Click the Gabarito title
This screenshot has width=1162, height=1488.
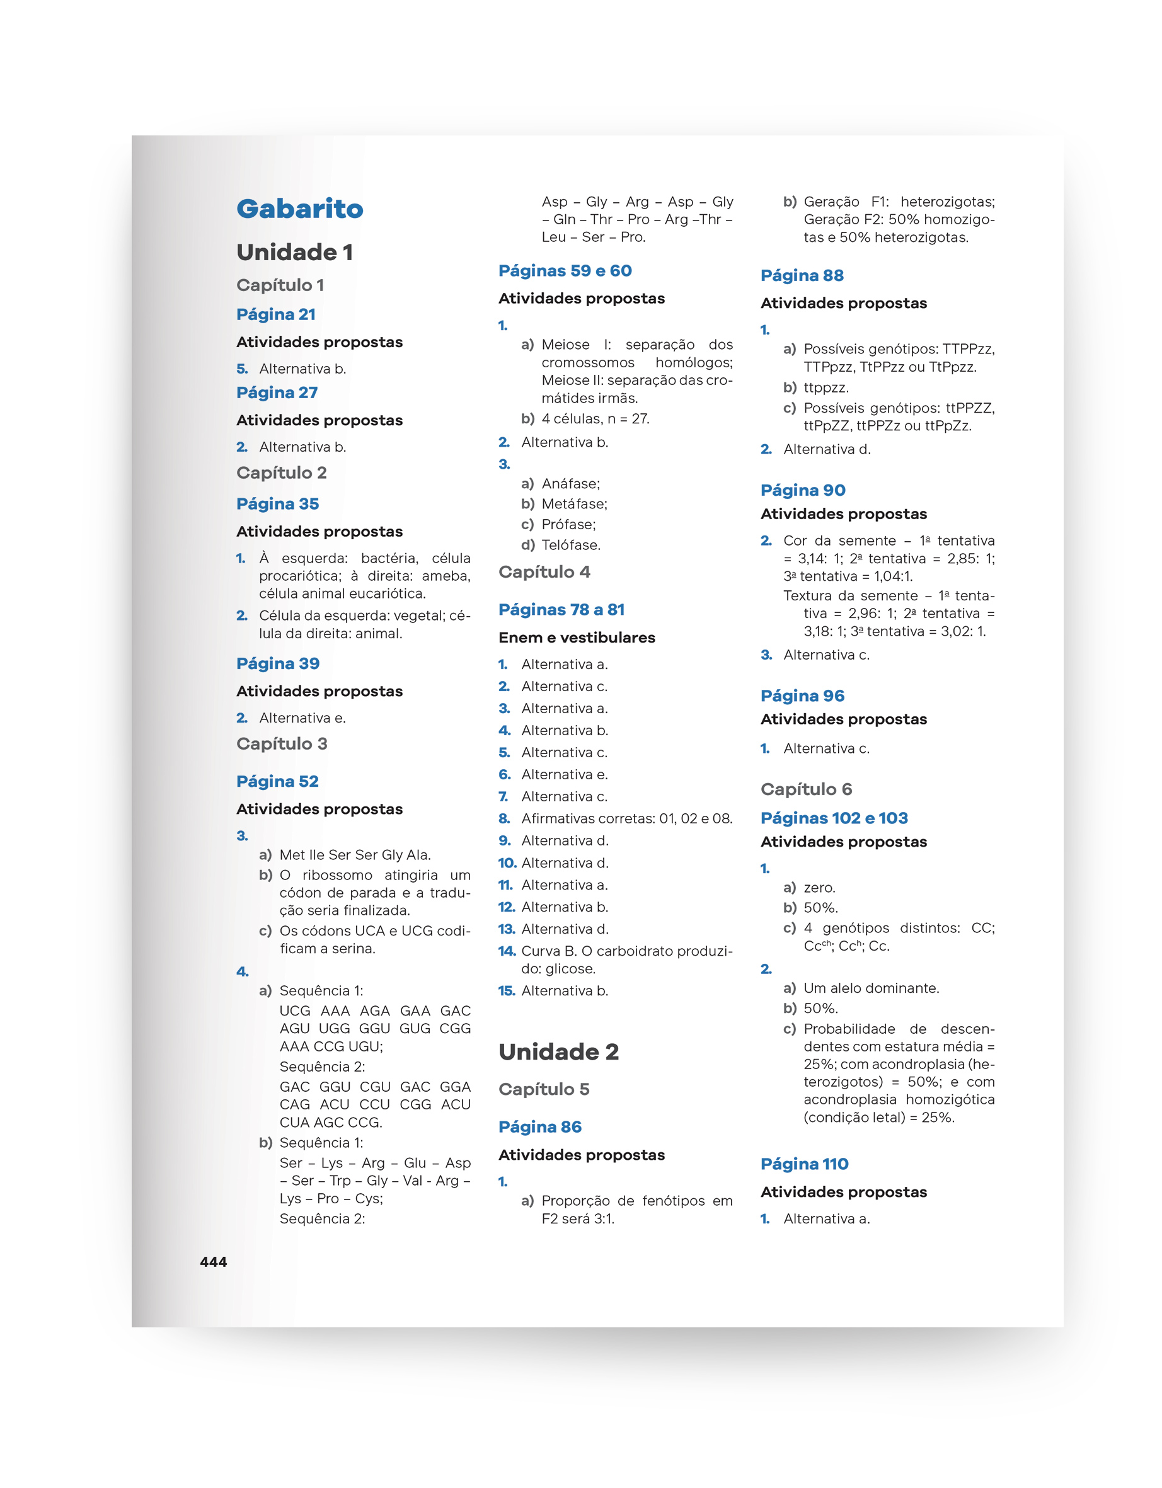(x=299, y=209)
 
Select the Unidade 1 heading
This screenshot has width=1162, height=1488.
(x=294, y=253)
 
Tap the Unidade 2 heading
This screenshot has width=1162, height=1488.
(x=558, y=1052)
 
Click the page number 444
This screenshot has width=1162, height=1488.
(x=214, y=1262)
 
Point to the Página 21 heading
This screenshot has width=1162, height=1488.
(x=275, y=315)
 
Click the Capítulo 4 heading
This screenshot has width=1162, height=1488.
(x=544, y=572)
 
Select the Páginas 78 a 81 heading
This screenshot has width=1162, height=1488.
(x=561, y=610)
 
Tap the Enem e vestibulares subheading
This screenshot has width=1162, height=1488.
(x=577, y=638)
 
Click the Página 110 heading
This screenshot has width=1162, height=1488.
(x=804, y=1164)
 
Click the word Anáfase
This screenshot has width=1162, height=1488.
(x=570, y=484)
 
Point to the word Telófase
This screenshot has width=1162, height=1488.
(x=570, y=546)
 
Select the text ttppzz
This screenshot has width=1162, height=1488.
(x=826, y=387)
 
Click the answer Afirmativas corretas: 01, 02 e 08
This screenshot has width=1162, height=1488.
(x=626, y=819)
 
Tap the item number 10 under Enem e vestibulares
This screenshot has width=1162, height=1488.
(x=507, y=863)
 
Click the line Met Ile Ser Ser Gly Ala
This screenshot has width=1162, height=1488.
(x=354, y=855)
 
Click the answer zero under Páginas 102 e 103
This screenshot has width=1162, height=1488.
(x=819, y=888)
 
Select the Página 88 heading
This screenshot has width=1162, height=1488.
(x=802, y=276)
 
